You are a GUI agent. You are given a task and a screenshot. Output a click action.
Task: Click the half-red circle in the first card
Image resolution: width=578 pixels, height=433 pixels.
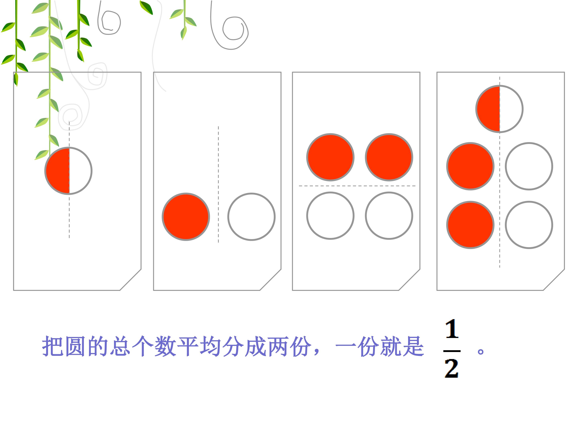click(x=68, y=171)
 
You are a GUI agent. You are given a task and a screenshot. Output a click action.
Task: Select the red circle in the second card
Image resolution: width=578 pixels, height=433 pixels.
click(x=186, y=217)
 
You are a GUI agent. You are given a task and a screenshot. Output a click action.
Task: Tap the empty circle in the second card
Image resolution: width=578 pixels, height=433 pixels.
click(x=251, y=217)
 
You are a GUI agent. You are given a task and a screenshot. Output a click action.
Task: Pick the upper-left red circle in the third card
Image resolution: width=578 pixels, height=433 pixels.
click(x=330, y=157)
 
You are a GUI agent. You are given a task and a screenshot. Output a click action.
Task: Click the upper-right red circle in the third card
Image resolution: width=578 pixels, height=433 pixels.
click(x=389, y=157)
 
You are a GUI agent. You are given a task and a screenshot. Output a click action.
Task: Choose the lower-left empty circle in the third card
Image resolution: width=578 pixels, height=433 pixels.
click(x=330, y=215)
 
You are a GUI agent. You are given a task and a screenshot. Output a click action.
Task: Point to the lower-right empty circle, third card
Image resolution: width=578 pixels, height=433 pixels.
click(x=389, y=215)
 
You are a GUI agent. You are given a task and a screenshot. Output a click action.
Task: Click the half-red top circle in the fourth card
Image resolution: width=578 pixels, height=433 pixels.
click(x=499, y=109)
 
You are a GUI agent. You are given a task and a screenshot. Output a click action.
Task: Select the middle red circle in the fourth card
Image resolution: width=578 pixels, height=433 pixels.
click(x=470, y=166)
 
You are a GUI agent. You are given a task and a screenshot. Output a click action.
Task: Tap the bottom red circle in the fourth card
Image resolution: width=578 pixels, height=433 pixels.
click(x=470, y=225)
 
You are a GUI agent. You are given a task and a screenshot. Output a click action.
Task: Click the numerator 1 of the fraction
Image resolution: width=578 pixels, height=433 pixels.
click(x=452, y=329)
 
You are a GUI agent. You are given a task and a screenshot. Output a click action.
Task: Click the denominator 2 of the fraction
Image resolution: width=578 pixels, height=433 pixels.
click(x=452, y=368)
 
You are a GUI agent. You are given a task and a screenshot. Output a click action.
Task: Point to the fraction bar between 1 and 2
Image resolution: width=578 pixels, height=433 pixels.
click(x=452, y=351)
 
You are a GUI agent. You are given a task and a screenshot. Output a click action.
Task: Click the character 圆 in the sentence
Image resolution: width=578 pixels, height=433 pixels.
click(x=75, y=346)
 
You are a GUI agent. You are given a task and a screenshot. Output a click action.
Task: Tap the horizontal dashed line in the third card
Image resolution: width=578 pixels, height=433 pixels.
click(x=357, y=186)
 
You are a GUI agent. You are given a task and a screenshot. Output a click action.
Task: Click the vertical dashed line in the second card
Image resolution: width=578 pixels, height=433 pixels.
click(x=218, y=185)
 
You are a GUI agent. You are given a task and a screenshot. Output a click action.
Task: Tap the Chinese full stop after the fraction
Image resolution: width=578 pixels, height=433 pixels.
click(x=480, y=351)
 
